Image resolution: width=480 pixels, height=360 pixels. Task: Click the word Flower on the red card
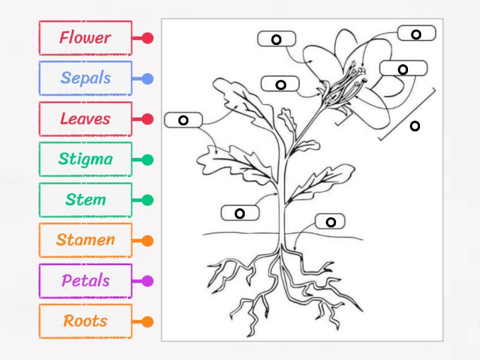(x=85, y=38)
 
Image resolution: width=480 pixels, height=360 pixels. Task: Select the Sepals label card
(x=85, y=78)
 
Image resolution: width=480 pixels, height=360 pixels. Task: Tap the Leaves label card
(x=85, y=119)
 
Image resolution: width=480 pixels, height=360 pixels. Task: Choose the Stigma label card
(x=85, y=160)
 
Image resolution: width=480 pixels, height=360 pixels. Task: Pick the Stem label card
(x=85, y=200)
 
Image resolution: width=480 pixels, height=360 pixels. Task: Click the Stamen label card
(x=85, y=240)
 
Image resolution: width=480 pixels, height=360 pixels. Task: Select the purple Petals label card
(x=85, y=281)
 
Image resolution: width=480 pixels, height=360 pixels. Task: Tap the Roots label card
(x=85, y=321)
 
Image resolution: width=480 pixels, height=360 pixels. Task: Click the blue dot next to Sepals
(x=148, y=79)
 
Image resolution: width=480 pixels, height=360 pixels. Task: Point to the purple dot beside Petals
(x=148, y=281)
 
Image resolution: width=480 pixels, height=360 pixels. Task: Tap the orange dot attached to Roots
(x=148, y=322)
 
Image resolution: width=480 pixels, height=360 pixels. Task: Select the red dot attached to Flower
(x=148, y=38)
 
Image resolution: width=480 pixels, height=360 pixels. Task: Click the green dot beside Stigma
(x=148, y=160)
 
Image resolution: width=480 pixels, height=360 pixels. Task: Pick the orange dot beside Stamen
(x=148, y=241)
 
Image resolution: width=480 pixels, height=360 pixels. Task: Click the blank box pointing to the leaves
(x=184, y=120)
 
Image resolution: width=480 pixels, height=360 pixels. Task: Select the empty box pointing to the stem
(x=240, y=213)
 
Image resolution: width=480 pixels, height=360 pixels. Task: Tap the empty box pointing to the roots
(x=331, y=222)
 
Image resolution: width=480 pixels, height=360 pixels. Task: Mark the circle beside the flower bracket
(x=415, y=125)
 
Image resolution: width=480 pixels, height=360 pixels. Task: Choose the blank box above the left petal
(x=277, y=39)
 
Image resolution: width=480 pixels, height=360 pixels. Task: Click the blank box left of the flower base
(x=280, y=84)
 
